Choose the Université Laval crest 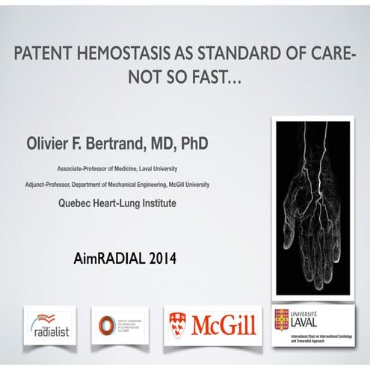(x=282, y=318)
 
